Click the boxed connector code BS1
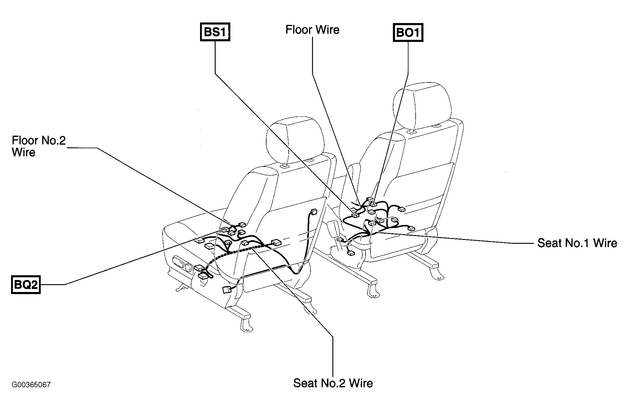coord(215,32)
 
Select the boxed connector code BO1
coord(408,32)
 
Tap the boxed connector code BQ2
coord(26,285)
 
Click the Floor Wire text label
coord(312,30)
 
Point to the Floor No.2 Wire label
coord(39,146)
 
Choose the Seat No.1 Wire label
coord(577,243)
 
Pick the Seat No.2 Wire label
coord(333,383)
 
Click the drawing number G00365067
coord(31,385)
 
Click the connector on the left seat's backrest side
coord(314,212)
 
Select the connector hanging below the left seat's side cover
coord(226,290)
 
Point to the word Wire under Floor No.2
coord(24,152)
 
